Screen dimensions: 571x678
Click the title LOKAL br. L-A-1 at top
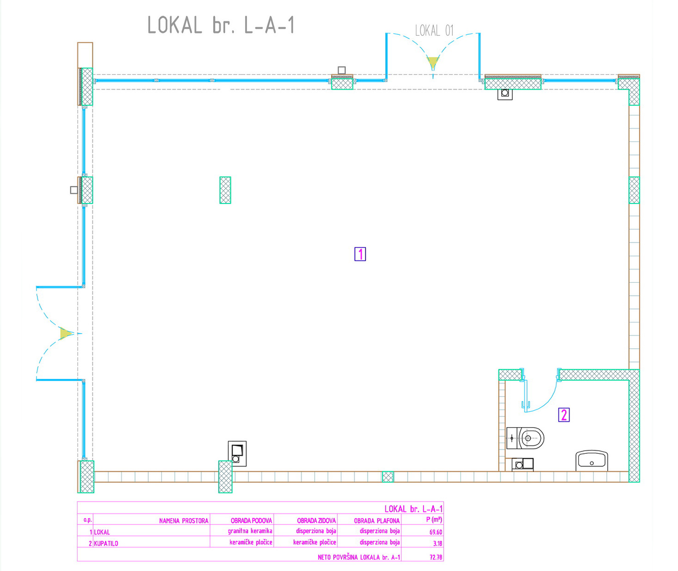click(221, 26)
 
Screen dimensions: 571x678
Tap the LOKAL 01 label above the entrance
click(434, 31)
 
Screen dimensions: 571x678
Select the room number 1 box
click(360, 254)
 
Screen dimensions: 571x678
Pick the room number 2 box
click(563, 415)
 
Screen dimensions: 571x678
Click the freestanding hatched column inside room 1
click(225, 190)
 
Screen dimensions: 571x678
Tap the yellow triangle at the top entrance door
click(432, 62)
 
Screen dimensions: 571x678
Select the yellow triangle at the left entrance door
click(65, 333)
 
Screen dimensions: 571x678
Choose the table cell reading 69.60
click(435, 532)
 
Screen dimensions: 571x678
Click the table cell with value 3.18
click(437, 543)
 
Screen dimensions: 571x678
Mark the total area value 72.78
click(435, 557)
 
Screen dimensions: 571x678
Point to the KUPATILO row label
click(106, 543)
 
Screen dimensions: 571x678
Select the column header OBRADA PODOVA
click(251, 521)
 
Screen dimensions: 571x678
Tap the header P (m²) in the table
click(433, 520)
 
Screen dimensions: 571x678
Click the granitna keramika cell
click(250, 531)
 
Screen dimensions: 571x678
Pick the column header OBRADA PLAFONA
click(376, 521)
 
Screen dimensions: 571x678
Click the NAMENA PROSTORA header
click(184, 521)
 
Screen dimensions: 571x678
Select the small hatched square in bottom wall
click(387, 477)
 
